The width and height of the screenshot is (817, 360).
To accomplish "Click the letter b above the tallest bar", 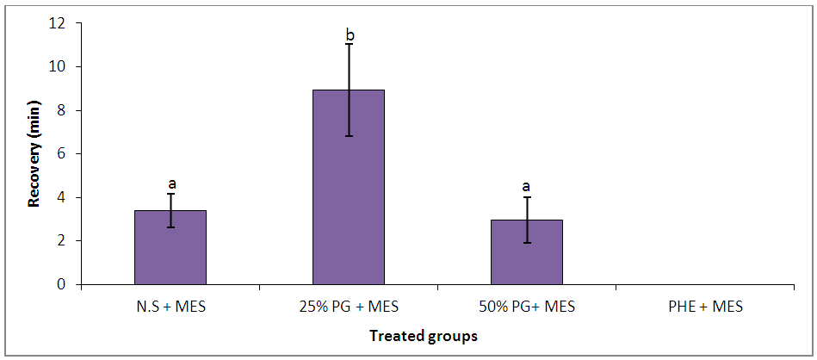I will [x=350, y=35].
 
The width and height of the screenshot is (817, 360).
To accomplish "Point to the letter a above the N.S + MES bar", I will [x=171, y=183].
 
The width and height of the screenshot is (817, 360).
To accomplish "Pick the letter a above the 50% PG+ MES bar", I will [x=527, y=186].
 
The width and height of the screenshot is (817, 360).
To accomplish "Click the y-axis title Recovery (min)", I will [x=35, y=154].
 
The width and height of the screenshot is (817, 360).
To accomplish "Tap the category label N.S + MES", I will [x=170, y=306].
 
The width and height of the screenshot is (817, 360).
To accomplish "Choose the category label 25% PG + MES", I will [x=349, y=306].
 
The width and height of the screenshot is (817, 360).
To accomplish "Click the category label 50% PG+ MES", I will [x=526, y=306].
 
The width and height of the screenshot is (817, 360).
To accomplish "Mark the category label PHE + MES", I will [x=704, y=306].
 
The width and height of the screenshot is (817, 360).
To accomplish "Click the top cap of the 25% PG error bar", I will [x=349, y=44].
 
